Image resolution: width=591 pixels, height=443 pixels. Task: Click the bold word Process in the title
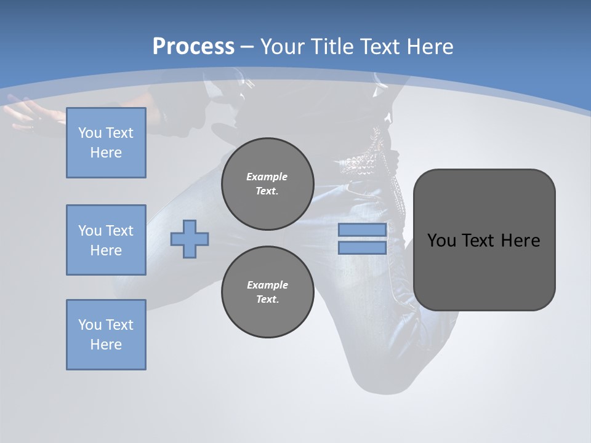point(193,47)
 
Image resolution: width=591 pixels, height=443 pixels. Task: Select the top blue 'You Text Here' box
point(106,143)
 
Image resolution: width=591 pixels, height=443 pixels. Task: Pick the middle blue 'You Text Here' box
point(106,240)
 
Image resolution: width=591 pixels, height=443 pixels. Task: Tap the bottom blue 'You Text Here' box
point(106,335)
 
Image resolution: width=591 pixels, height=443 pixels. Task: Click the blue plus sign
point(190,239)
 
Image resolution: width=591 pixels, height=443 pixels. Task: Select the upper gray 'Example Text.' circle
point(267,183)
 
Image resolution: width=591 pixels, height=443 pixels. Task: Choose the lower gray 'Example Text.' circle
point(267,292)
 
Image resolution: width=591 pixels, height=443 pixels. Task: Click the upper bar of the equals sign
point(363,230)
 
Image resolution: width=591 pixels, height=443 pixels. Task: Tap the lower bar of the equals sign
point(363,247)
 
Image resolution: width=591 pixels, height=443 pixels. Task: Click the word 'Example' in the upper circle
point(267,177)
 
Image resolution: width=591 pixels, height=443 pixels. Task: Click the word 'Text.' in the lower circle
point(267,300)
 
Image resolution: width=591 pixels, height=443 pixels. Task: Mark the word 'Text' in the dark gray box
point(480,241)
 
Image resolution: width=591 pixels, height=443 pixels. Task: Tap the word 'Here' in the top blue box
point(106,153)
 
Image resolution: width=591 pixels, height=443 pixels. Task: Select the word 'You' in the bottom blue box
point(90,325)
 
